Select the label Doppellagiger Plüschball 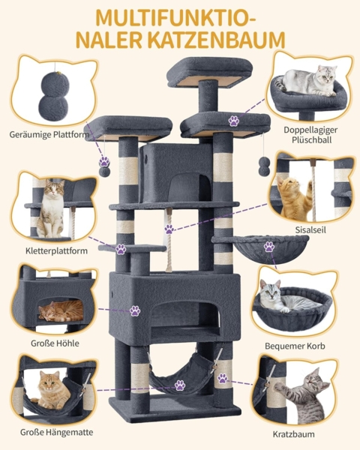[310, 135]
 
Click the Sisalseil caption [310, 230]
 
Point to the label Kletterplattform [56, 250]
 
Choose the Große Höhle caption [55, 343]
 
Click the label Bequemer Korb [295, 346]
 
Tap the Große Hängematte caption [56, 432]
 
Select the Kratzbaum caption [294, 434]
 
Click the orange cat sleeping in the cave [61, 311]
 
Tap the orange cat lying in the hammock [51, 390]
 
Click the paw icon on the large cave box [135, 310]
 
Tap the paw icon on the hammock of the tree [180, 385]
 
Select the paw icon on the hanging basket [269, 247]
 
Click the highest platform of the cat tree [209, 72]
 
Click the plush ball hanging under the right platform [264, 166]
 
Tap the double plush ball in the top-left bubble [54, 97]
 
